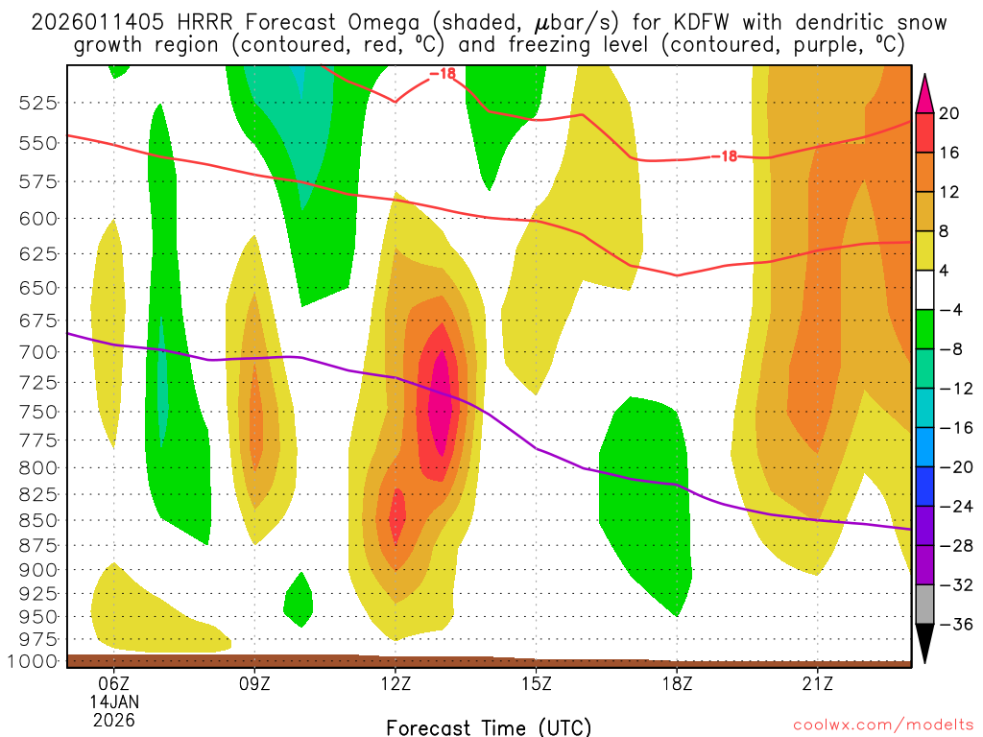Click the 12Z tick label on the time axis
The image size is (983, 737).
(396, 685)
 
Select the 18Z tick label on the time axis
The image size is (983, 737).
(677, 685)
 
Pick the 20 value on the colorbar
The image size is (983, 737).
(949, 114)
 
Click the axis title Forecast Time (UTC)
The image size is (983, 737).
(489, 726)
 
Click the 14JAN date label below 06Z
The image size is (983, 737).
(114, 702)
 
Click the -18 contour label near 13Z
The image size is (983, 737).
(443, 74)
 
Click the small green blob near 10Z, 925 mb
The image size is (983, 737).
(299, 601)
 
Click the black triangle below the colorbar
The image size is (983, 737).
(926, 644)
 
